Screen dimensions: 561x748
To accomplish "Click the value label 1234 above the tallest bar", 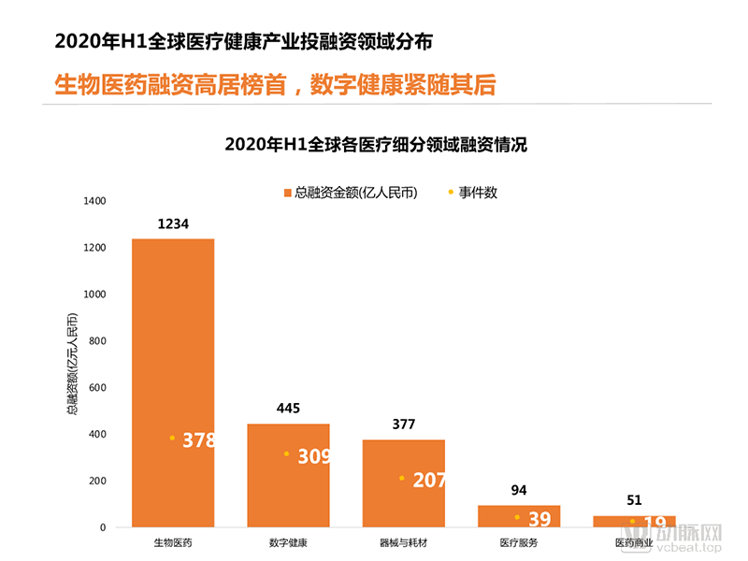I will [x=173, y=223].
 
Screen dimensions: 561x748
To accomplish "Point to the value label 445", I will [x=288, y=409].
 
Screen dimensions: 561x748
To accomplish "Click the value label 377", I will [x=403, y=424].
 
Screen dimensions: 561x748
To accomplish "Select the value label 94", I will [x=519, y=490].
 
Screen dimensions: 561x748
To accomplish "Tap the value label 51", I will [x=634, y=500].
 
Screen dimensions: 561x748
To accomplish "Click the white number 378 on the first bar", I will [x=198, y=440].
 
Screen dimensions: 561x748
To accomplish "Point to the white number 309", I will [x=314, y=457].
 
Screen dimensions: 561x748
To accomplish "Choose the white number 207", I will [x=429, y=481].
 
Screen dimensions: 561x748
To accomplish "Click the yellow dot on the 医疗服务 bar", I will [x=517, y=517].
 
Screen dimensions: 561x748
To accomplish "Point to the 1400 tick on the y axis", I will [x=95, y=201].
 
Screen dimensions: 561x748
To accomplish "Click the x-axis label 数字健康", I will [x=288, y=542].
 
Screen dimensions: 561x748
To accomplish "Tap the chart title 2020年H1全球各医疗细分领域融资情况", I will [x=377, y=145].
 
